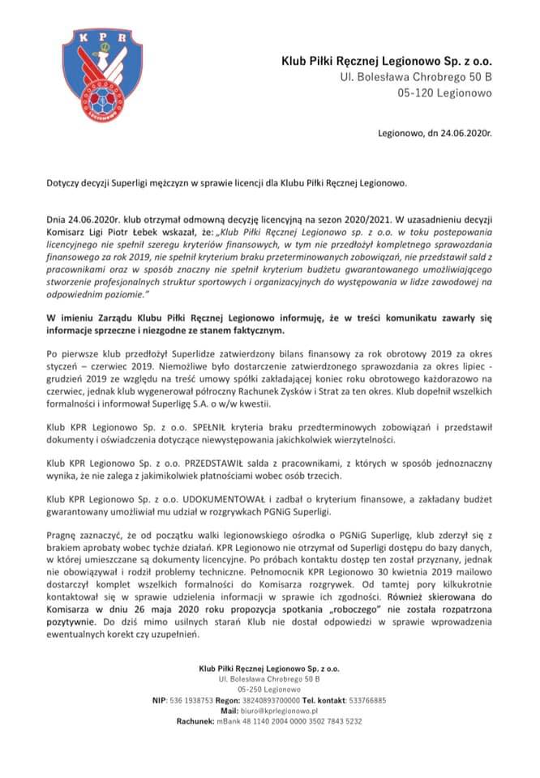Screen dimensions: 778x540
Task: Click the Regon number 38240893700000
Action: pyautogui.click(x=270, y=700)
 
